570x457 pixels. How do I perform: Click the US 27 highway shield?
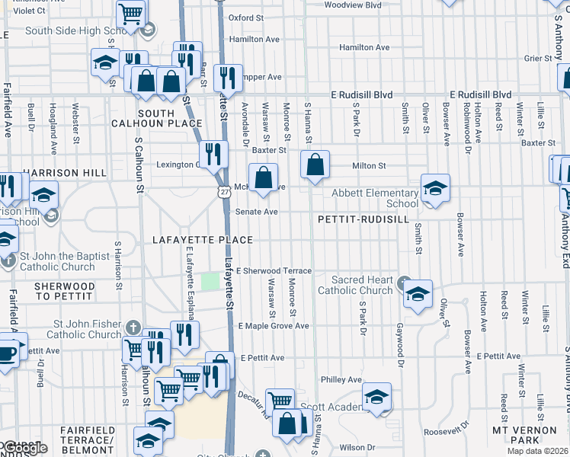pos(223,193)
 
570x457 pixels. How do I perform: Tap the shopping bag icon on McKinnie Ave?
pos(263,178)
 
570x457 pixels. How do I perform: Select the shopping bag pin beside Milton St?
pos(315,164)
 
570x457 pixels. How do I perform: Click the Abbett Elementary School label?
pos(375,198)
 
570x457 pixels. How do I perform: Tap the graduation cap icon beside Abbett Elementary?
pos(434,188)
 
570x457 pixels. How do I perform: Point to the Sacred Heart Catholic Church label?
pos(354,286)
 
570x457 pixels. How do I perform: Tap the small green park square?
pos(209,282)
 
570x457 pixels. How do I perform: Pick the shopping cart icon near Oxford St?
pos(131,13)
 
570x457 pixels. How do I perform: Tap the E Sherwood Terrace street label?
pos(274,270)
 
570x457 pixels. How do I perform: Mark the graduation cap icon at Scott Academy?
pos(376,398)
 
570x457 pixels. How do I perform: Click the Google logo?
pos(24,448)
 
